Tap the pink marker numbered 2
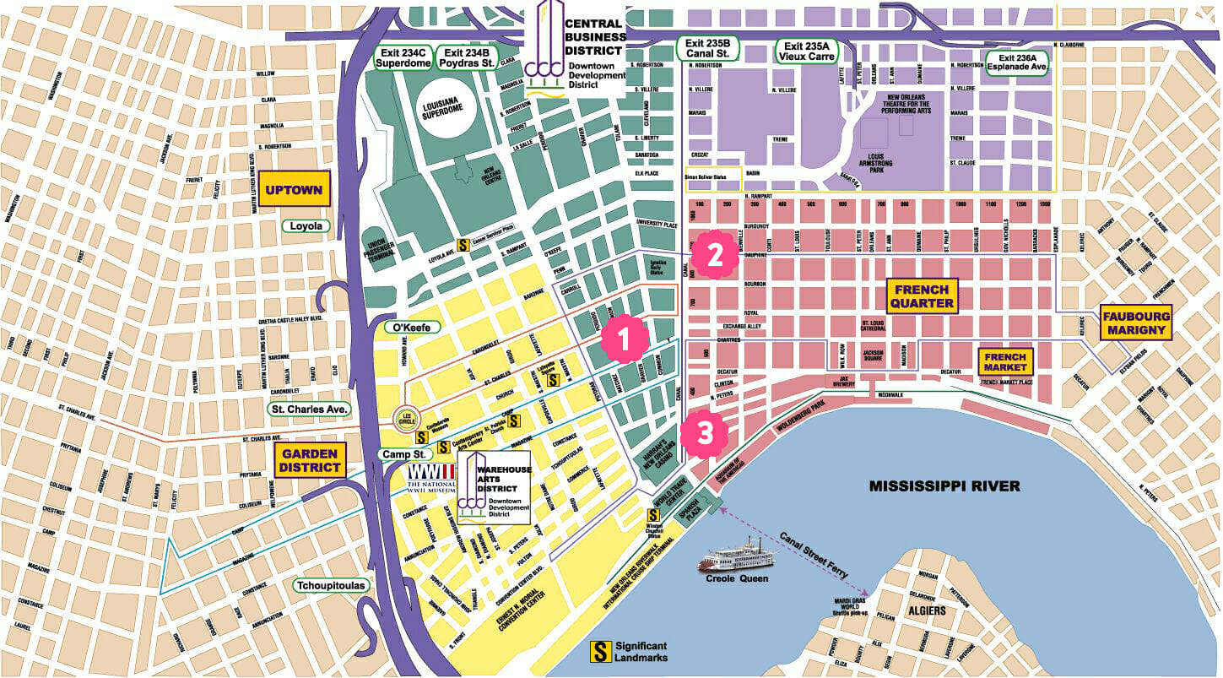pos(714,255)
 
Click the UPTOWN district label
pos(294,190)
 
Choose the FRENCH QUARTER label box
pos(922,296)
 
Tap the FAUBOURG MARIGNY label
pos(1137,323)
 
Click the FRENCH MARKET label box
pos(1005,362)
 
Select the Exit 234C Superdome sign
pos(403,57)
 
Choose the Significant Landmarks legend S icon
pos(600,651)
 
